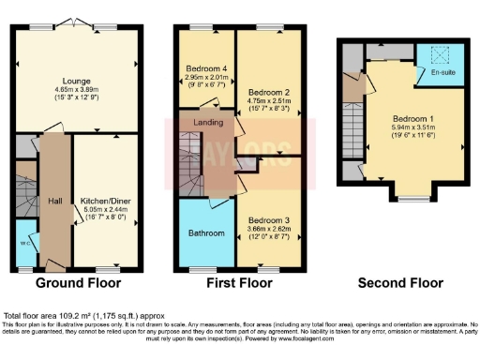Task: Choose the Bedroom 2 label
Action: point(266,94)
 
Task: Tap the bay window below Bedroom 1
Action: point(411,198)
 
